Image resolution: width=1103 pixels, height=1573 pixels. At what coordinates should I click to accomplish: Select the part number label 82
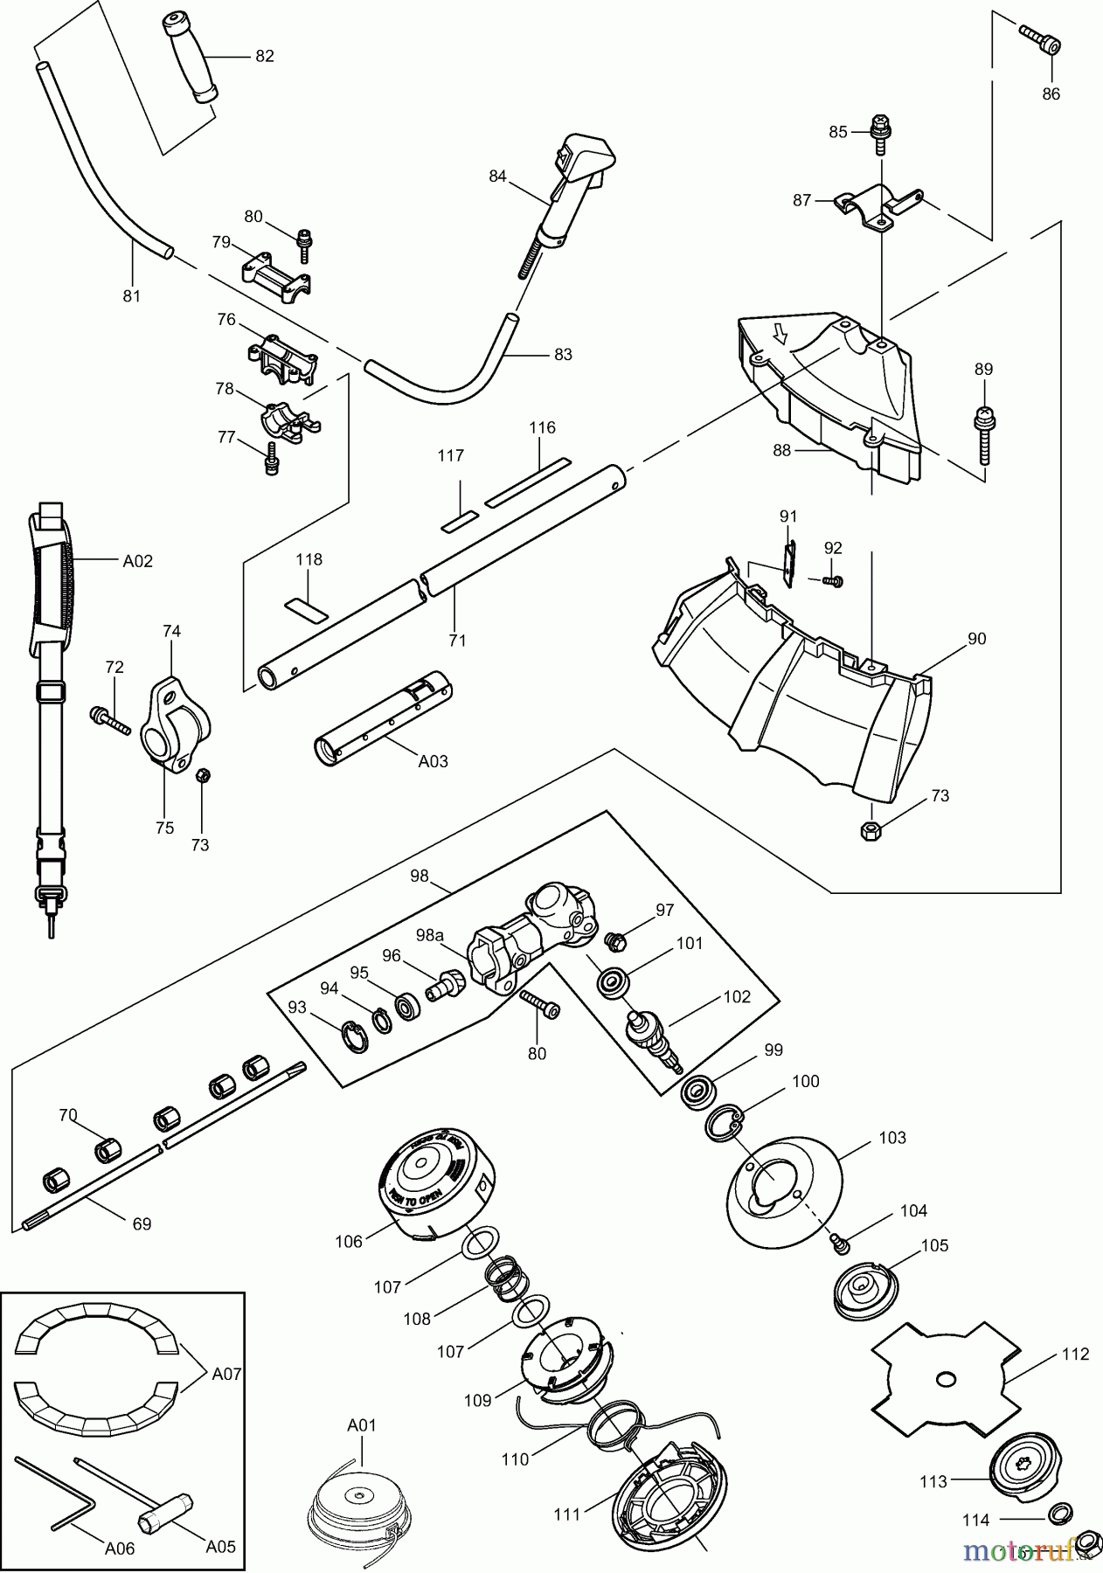click(264, 56)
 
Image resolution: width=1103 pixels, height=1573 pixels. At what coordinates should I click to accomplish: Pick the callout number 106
click(348, 1241)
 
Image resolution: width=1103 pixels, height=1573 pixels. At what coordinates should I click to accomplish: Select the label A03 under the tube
click(433, 761)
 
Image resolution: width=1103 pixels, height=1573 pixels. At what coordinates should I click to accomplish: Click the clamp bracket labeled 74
click(179, 730)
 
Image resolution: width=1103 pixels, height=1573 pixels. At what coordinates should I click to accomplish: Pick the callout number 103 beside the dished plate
click(892, 1138)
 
